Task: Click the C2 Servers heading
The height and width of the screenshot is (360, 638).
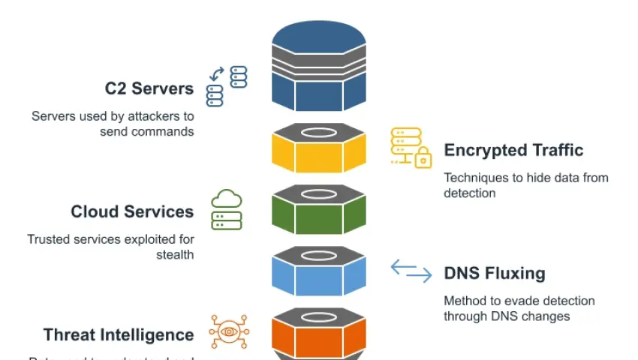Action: [149, 88]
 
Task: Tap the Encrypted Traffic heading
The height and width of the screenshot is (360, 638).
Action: [513, 150]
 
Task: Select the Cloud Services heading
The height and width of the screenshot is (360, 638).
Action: [132, 211]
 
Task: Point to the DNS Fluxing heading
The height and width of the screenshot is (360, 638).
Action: [494, 273]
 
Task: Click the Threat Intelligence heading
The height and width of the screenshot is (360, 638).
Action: [119, 334]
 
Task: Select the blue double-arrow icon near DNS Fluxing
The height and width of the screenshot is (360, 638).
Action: [411, 271]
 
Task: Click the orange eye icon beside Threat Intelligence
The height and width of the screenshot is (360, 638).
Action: [228, 331]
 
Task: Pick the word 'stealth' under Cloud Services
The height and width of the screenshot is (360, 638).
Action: [174, 254]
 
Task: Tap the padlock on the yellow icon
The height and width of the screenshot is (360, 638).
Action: [423, 158]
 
